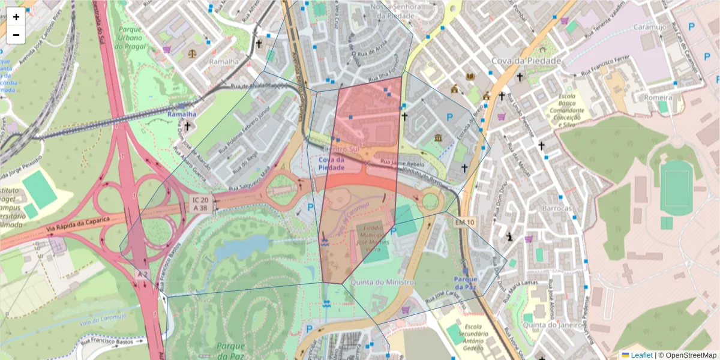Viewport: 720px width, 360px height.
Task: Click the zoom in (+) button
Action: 16,17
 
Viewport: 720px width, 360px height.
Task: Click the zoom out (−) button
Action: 16,35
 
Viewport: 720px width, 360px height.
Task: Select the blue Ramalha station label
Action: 182,114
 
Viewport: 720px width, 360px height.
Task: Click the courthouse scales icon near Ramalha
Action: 192,53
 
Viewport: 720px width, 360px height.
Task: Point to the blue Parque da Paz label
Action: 466,283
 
